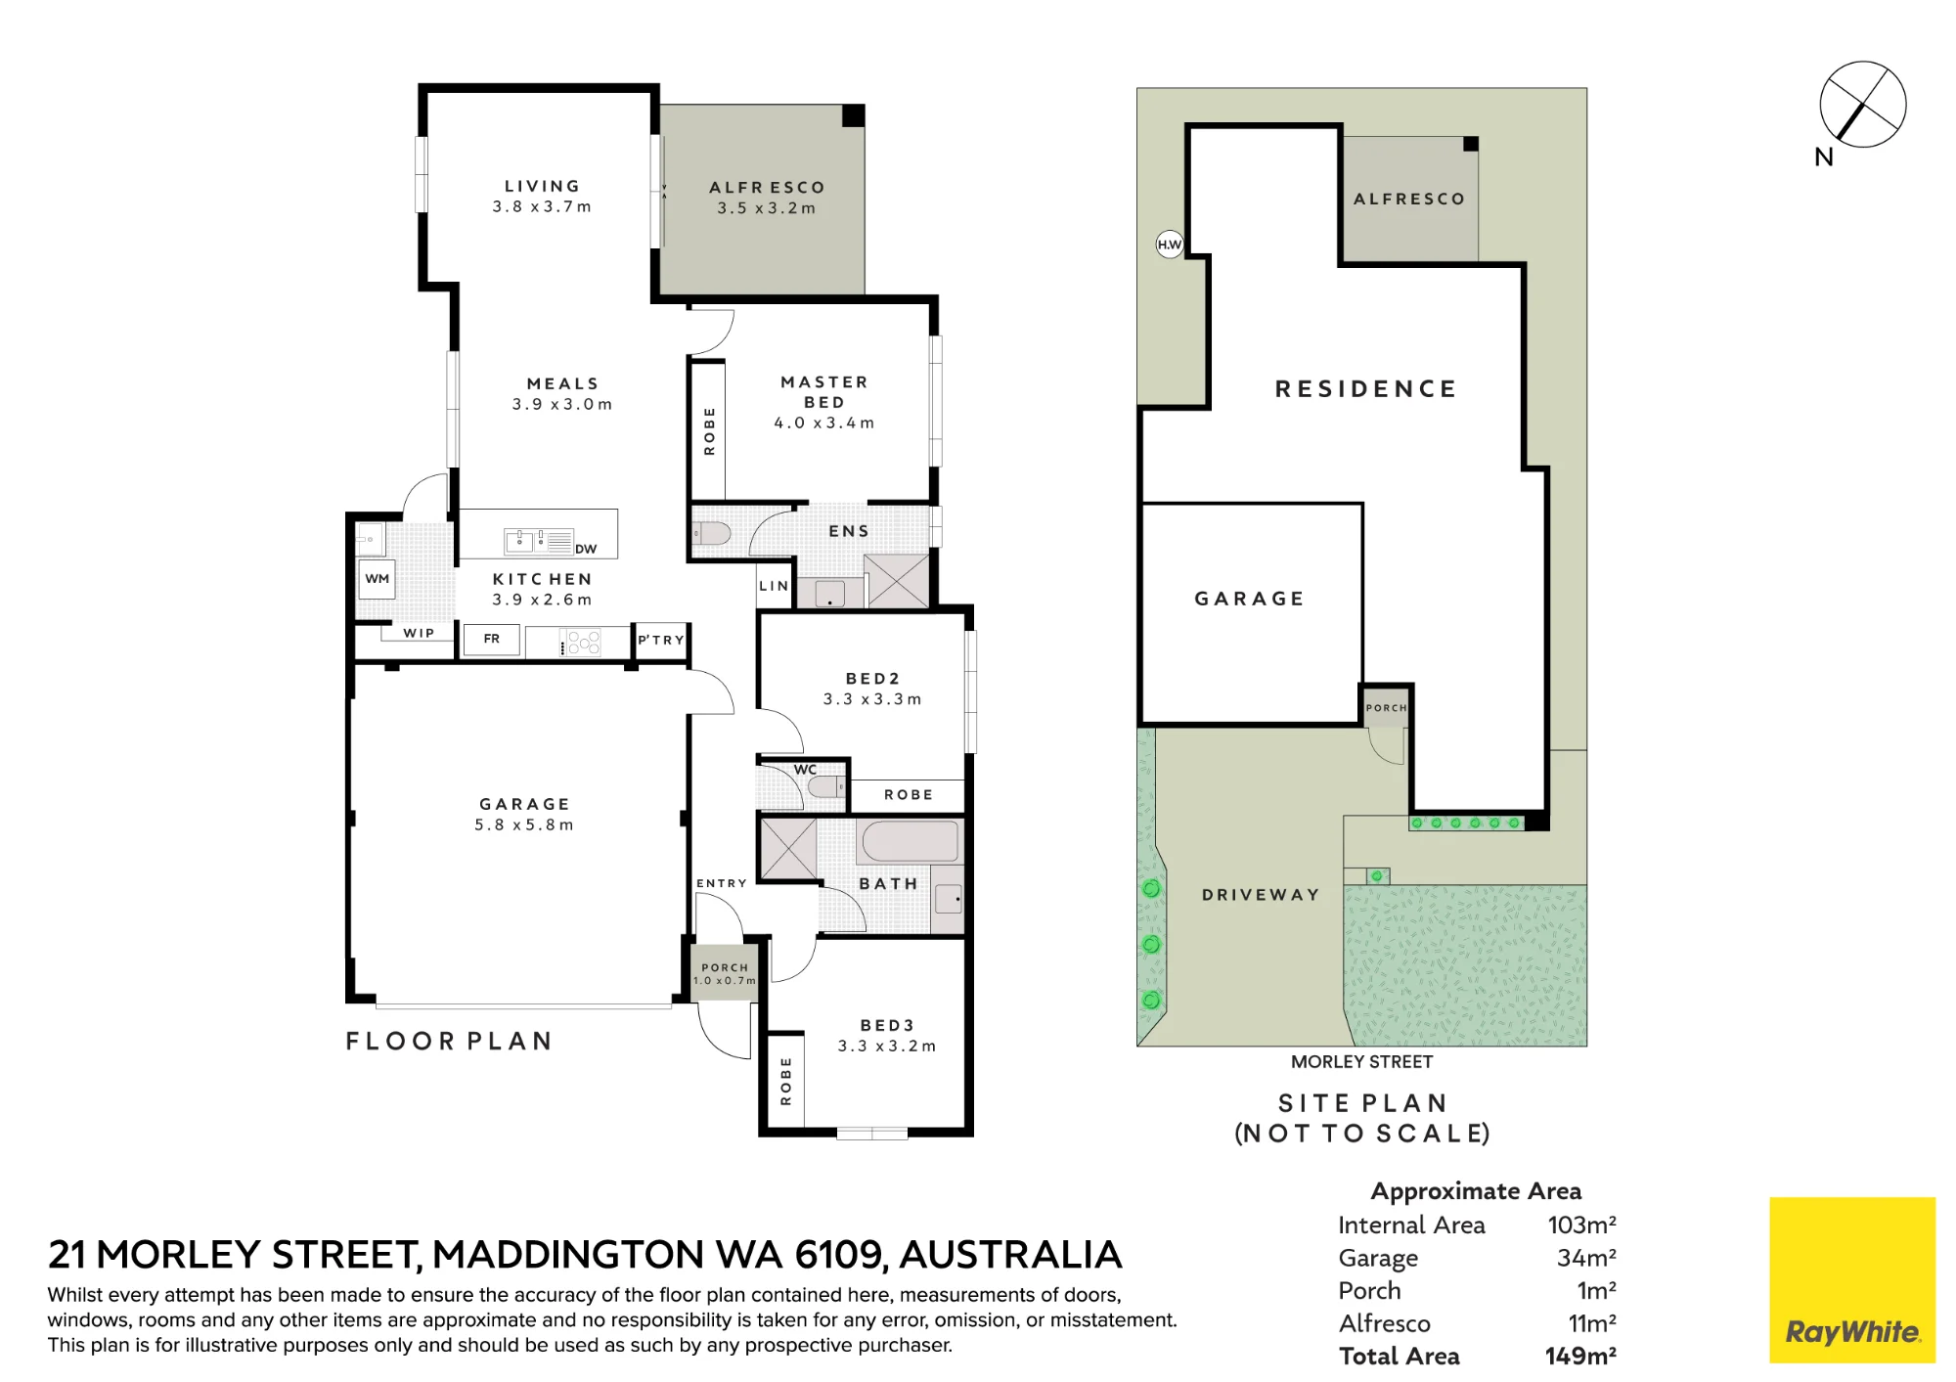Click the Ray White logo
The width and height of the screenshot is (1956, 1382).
pyautogui.click(x=1852, y=1279)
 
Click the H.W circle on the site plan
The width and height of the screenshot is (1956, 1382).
pyautogui.click(x=1170, y=245)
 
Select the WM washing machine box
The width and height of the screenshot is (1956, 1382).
pyautogui.click(x=378, y=579)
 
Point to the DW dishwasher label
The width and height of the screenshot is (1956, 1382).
pyautogui.click(x=586, y=549)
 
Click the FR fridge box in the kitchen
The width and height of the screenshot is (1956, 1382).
pyautogui.click(x=492, y=639)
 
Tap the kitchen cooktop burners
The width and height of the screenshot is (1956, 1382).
pyautogui.click(x=584, y=642)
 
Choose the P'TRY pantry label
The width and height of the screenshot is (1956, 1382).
pyautogui.click(x=661, y=640)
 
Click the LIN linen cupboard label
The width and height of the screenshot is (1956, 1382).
pyautogui.click(x=774, y=586)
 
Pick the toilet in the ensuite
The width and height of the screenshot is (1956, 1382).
pyautogui.click(x=712, y=533)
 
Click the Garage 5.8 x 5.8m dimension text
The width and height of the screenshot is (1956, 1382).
pyautogui.click(x=524, y=825)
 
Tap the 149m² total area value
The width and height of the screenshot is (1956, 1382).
pyautogui.click(x=1580, y=1356)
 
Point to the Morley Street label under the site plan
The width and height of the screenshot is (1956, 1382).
pyautogui.click(x=1361, y=1062)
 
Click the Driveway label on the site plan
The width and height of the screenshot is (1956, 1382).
pyautogui.click(x=1261, y=895)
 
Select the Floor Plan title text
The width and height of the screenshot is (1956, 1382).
pyautogui.click(x=450, y=1041)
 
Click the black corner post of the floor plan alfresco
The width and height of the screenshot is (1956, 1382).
pyautogui.click(x=854, y=115)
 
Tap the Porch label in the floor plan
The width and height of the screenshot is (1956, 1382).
pyautogui.click(x=725, y=967)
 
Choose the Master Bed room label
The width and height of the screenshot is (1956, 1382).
pyautogui.click(x=824, y=392)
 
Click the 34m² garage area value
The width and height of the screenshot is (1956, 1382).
pyautogui.click(x=1586, y=1258)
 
